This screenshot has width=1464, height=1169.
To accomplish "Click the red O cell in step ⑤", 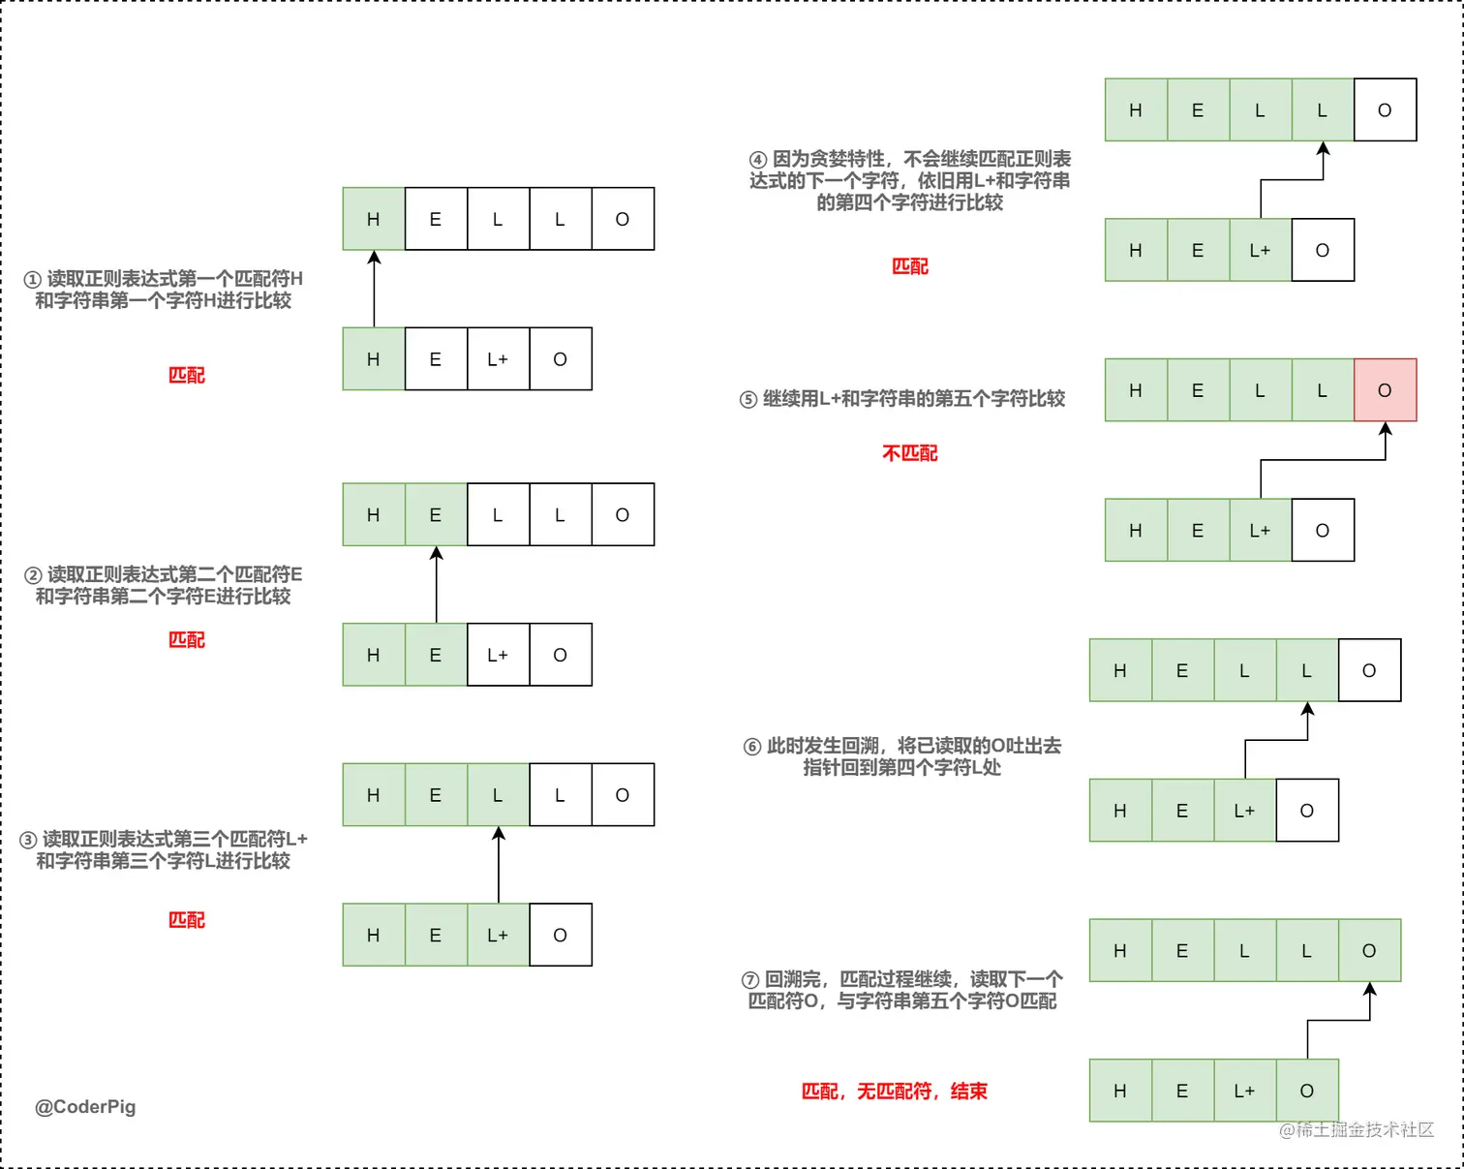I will click(x=1385, y=390).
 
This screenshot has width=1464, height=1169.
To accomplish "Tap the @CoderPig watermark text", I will click(x=85, y=1107).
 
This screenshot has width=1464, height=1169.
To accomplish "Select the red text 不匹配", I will click(x=909, y=453).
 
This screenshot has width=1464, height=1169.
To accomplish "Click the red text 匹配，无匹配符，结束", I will click(x=894, y=1092).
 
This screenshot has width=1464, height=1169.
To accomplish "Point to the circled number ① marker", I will click(x=32, y=280).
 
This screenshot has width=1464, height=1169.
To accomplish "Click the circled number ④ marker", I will click(x=758, y=160).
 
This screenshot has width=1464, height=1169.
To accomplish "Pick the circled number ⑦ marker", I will click(x=750, y=980).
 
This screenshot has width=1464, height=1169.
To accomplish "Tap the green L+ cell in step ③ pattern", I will click(x=498, y=936).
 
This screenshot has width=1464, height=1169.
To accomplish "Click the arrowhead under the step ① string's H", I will click(x=374, y=258).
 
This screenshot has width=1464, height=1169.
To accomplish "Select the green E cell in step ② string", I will click(x=436, y=515).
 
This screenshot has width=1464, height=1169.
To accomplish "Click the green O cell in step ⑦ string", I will click(x=1369, y=951).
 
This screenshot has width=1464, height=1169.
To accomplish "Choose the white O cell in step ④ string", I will click(x=1385, y=110).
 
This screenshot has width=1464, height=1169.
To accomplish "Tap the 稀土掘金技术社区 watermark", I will click(x=1357, y=1129).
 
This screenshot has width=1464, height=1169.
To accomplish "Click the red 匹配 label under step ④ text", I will click(x=909, y=266).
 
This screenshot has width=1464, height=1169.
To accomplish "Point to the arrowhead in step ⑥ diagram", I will click(x=1307, y=709).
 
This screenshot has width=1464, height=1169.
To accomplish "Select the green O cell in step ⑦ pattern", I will click(x=1307, y=1092).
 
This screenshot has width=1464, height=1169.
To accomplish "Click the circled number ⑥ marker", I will click(x=752, y=747).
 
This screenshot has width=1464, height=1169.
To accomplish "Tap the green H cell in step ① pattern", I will click(x=374, y=359).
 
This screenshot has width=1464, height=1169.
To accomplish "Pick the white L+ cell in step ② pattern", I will click(x=498, y=656).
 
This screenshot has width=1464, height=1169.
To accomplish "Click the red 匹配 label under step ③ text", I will click(x=186, y=920).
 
